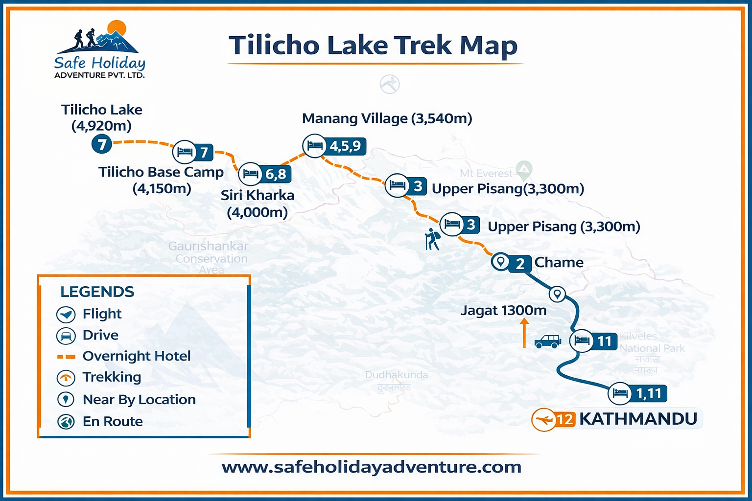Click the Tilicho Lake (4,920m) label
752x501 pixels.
(x=101, y=117)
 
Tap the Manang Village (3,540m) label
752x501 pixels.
(x=387, y=118)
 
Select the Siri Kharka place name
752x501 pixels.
(x=258, y=195)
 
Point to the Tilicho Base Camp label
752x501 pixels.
(x=161, y=172)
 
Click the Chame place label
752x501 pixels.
(x=559, y=262)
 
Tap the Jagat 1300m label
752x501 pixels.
(x=503, y=310)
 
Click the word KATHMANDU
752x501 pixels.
(x=638, y=419)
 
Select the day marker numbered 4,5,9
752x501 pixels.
(x=345, y=146)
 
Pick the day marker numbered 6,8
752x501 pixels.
(x=276, y=174)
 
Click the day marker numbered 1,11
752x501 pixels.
(x=648, y=393)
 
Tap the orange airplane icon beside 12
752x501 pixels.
(x=543, y=419)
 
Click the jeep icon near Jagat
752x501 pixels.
(x=548, y=341)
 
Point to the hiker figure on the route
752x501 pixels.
(x=432, y=239)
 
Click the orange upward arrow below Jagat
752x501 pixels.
(x=524, y=333)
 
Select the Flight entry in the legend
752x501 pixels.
(x=102, y=314)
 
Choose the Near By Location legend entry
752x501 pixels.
(x=139, y=400)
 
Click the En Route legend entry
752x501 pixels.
(x=113, y=421)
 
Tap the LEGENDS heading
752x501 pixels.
(x=97, y=292)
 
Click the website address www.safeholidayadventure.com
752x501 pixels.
(x=371, y=467)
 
